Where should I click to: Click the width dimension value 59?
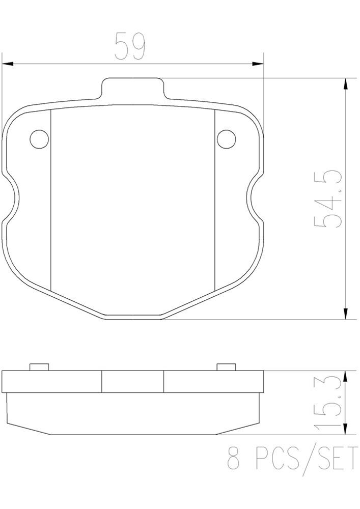130,46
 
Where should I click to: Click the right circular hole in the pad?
226,138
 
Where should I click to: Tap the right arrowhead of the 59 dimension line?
259,64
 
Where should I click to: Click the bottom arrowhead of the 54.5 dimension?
346,314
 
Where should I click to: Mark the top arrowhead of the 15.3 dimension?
346,376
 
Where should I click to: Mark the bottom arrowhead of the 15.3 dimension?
346,430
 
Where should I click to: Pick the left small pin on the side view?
39,367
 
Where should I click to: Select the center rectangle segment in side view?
132,382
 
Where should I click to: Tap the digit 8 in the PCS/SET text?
234,460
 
